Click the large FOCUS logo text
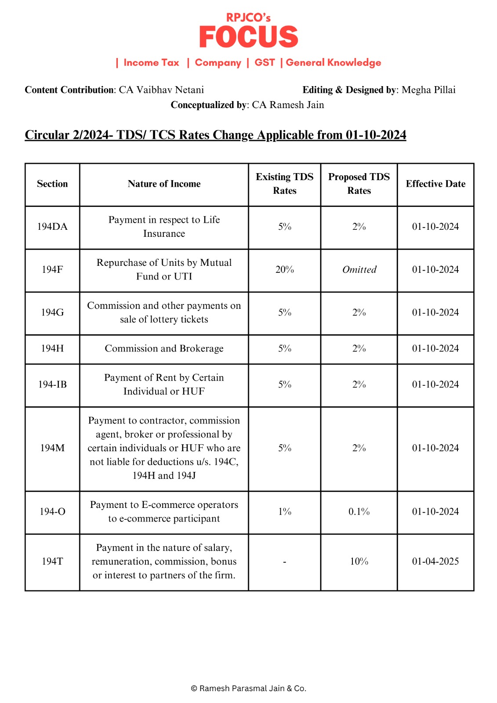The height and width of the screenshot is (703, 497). [249, 37]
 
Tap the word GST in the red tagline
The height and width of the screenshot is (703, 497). [265, 62]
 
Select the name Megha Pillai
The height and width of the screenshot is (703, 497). [428, 90]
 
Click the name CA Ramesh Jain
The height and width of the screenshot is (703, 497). [288, 105]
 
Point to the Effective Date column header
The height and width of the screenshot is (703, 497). [435, 184]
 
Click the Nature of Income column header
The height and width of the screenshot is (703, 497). [164, 184]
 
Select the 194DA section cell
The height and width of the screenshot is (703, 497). [52, 227]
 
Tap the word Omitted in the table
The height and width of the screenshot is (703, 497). [359, 270]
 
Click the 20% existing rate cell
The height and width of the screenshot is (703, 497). [284, 270]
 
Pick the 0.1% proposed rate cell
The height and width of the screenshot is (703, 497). [359, 512]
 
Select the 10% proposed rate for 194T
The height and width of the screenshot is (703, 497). [359, 562]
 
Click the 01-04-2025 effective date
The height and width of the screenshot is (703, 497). [435, 562]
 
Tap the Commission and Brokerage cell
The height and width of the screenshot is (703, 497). [164, 348]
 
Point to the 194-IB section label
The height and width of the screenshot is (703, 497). [52, 384]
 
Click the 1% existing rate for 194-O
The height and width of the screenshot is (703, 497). [284, 512]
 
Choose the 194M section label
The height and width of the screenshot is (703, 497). [52, 448]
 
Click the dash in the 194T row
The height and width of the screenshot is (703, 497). [284, 562]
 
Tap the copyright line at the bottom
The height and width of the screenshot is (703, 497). [248, 689]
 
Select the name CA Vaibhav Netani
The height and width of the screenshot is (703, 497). [161, 90]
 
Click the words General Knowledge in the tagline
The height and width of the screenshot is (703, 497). [334, 62]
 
